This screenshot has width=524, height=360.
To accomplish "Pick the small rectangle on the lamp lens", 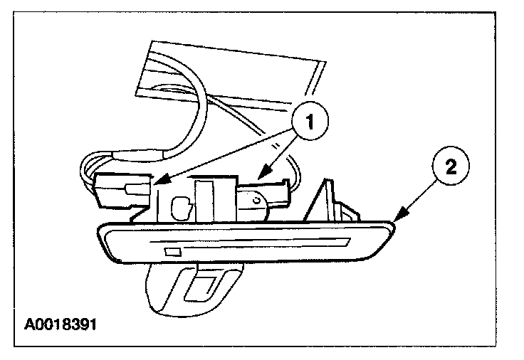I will (x=172, y=252).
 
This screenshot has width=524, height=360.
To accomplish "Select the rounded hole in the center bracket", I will (x=181, y=208).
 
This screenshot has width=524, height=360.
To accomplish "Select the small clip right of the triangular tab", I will (x=350, y=211).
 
